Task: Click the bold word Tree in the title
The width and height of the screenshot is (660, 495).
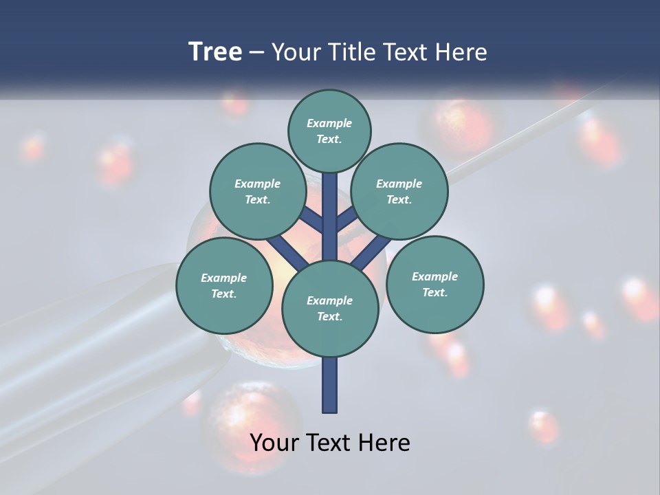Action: pos(215,52)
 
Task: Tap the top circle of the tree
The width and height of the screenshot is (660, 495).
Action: pos(329,131)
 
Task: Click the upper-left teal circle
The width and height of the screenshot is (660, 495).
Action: pos(257,192)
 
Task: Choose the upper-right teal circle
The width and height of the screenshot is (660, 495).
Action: pos(399,192)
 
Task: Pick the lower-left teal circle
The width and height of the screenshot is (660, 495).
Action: pos(224,285)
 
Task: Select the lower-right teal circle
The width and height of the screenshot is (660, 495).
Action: pos(434,284)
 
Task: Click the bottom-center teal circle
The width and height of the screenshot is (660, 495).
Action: pos(330,309)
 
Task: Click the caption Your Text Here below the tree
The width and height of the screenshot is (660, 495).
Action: pos(330,443)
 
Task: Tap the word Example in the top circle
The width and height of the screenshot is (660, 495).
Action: pos(329,123)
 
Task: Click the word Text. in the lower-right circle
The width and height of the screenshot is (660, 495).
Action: pos(434,292)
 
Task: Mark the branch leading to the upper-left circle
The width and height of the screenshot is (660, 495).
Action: pos(311,220)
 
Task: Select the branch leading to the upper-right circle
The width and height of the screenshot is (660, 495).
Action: pos(347,219)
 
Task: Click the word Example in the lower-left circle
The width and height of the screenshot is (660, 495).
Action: pos(224,278)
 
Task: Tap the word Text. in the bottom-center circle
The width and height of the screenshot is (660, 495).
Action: pos(329,316)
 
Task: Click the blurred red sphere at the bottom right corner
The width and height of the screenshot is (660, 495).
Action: pos(544,426)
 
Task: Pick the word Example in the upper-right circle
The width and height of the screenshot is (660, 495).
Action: pos(399,184)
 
